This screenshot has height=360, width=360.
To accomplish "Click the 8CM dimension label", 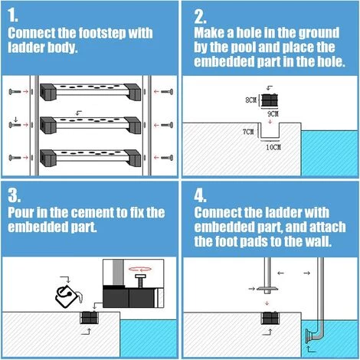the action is tap(250, 100).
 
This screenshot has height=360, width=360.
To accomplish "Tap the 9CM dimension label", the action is tap(273, 113).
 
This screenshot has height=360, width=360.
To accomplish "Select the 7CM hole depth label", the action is tap(248, 132).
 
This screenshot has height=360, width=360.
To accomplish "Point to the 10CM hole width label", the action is tap(273, 147).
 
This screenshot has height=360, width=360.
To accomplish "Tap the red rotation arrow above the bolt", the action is tap(140, 269).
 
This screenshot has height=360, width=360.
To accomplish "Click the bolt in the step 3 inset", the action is tap(140, 281).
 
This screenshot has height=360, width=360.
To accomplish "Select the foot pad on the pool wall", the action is tap(309, 336).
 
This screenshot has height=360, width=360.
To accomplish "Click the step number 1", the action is tap(13, 15).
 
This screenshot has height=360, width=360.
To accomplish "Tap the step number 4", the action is tap(200, 195).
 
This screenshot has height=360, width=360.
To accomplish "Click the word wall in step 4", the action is tap(320, 241).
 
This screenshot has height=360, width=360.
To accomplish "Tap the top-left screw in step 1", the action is tap(15, 91).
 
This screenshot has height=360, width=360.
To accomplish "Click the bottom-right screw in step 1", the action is tap(167, 158).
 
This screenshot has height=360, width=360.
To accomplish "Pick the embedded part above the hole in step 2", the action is tap(270, 100).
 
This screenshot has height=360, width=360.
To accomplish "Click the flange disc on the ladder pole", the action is tap(267, 289).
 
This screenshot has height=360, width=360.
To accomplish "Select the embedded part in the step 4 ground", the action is tap(270, 318).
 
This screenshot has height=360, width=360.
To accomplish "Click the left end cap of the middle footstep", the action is tap(48, 125).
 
